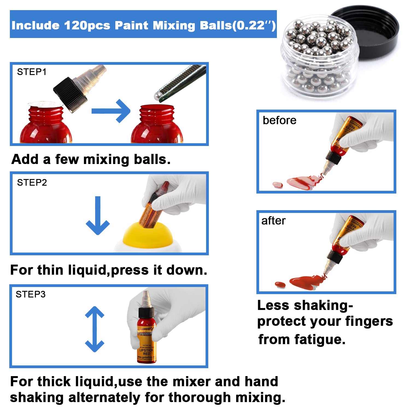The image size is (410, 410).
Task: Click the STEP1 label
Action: tap(32, 72)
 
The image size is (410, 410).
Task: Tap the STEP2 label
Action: tap(32, 183)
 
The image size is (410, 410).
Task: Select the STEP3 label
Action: tap(31, 294)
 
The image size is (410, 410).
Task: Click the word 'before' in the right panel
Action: tap(279, 121)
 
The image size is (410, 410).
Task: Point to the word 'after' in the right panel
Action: tap(273, 221)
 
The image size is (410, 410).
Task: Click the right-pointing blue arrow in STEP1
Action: tap(111, 111)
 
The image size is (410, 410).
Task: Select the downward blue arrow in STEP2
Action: tap(98, 216)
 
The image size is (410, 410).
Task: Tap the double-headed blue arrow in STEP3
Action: tap(95, 329)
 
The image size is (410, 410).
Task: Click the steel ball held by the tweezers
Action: tap(158, 96)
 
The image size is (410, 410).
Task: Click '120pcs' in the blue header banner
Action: tap(87, 25)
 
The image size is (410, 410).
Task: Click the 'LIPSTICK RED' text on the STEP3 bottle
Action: tap(146, 352)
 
